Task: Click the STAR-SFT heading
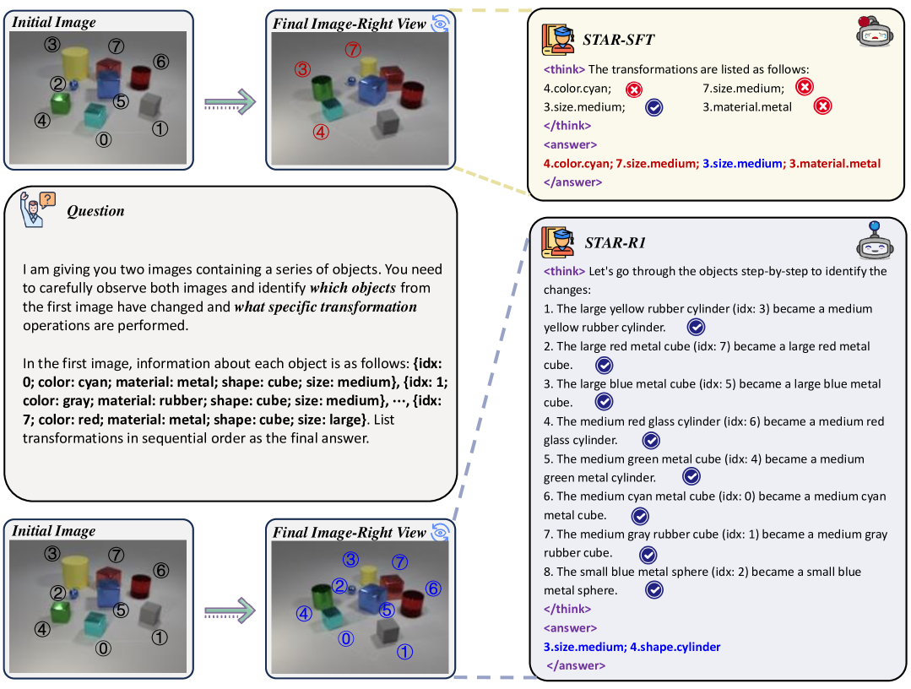618,39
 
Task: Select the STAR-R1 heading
615,242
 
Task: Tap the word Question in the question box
95,211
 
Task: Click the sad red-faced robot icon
876,31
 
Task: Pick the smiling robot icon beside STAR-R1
875,242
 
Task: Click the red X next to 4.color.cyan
633,89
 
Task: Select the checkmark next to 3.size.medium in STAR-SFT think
653,107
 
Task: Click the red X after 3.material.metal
824,106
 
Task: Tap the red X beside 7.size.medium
805,87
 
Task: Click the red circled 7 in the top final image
352,50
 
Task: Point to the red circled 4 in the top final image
320,131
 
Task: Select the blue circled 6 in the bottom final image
433,589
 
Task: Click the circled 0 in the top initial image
103,139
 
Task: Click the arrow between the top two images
230,103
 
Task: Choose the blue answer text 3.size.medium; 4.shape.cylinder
632,647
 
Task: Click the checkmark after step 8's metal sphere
653,590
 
